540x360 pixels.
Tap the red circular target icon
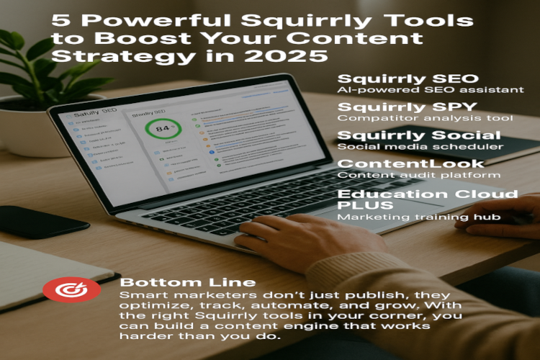point(62,289)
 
